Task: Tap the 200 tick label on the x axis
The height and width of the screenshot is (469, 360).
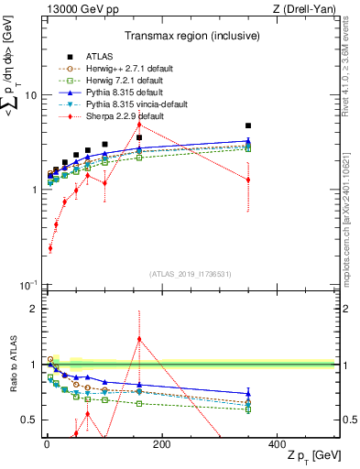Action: [161, 443]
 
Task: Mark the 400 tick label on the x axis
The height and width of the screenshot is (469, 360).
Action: [277, 443]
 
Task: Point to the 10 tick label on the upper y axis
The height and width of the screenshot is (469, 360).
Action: [28, 95]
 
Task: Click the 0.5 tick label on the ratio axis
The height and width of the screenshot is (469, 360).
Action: [26, 420]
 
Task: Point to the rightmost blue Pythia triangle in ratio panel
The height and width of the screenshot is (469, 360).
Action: [247, 393]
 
